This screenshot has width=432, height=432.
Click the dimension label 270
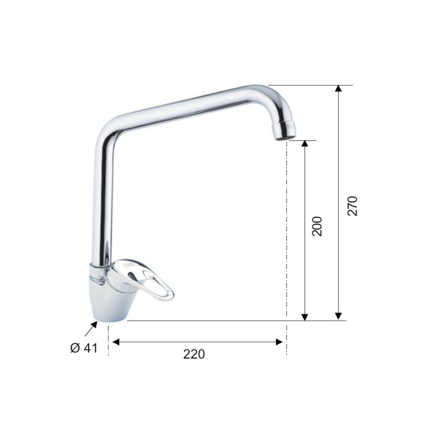point(353,206)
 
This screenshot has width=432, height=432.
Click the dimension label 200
point(317,226)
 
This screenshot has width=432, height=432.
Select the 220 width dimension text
point(194,354)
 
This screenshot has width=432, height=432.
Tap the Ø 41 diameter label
point(84,348)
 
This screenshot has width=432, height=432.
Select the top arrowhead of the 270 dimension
point(339,89)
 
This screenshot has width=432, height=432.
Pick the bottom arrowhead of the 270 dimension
point(339,317)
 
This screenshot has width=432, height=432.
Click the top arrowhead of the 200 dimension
point(305,144)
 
